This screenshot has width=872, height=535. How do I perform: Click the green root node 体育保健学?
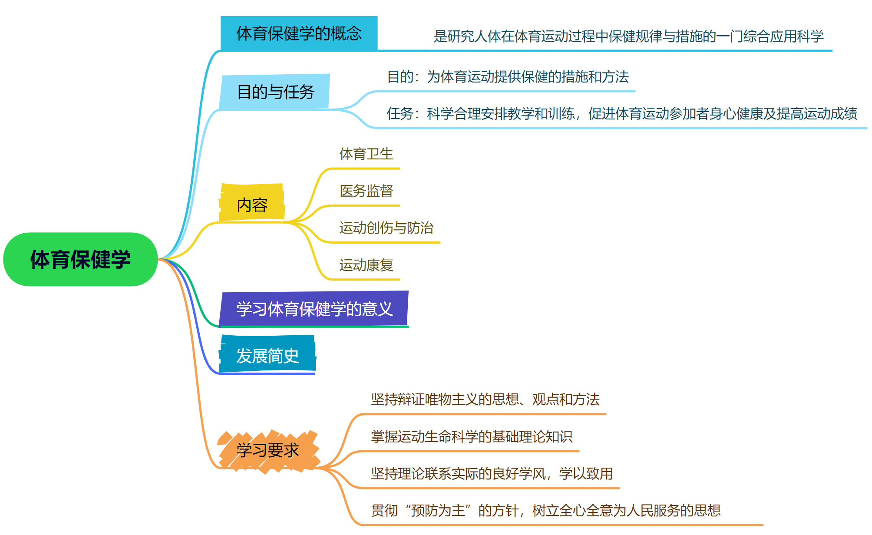[80, 259]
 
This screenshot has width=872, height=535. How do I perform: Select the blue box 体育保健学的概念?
[299, 33]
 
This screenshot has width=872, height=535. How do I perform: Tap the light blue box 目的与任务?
[275, 92]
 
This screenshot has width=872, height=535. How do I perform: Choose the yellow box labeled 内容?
[252, 205]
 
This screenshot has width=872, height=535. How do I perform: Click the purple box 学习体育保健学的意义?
[314, 309]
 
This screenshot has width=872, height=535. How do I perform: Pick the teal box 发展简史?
[268, 356]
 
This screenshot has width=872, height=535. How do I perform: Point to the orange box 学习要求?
[268, 450]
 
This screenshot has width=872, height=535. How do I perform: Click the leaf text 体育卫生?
[366, 154]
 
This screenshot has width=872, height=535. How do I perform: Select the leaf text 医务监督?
[366, 191]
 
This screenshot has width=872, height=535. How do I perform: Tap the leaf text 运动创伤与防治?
[386, 228]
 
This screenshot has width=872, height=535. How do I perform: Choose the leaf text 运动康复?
[366, 265]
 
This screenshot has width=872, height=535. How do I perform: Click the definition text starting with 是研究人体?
[628, 36]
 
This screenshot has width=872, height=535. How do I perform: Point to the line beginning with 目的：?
[507, 77]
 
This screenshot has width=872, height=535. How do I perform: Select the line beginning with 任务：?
[621, 114]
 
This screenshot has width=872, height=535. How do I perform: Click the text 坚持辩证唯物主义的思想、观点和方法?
[485, 400]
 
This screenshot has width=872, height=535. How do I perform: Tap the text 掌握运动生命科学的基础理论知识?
[471, 436]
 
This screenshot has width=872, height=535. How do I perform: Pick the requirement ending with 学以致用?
[492, 473]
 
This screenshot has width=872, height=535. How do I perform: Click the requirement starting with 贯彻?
[545, 510]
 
